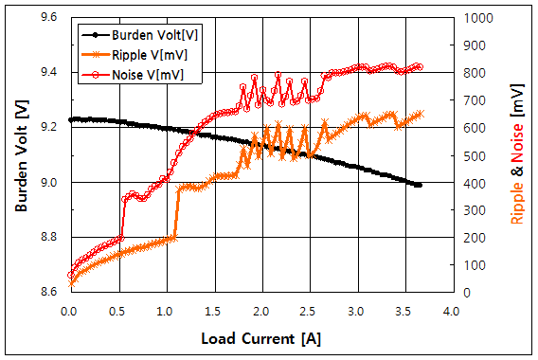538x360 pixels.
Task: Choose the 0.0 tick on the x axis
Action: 68,310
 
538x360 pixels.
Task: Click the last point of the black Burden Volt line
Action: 419,185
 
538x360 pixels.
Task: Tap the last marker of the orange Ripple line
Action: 420,114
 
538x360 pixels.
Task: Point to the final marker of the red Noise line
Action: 420,67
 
